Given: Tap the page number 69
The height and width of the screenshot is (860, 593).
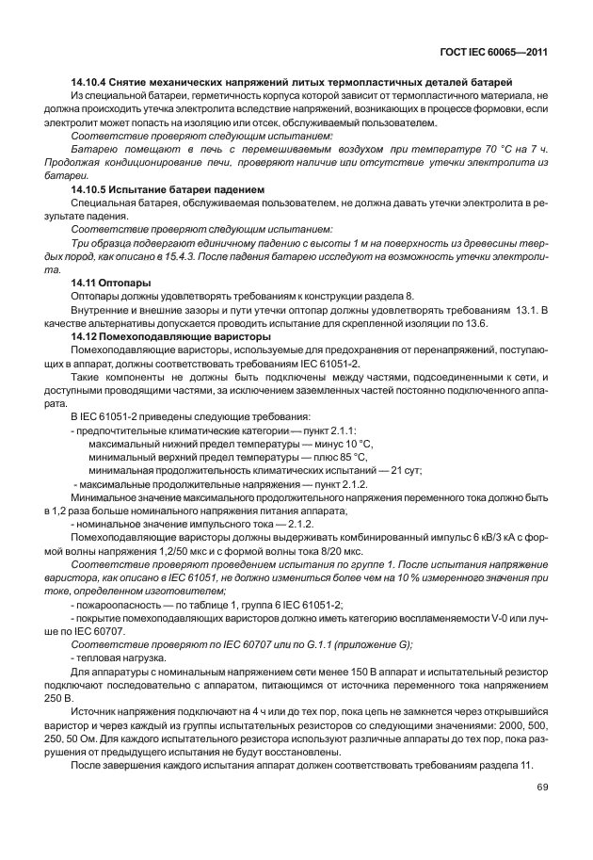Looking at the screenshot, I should click(x=542, y=787).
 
